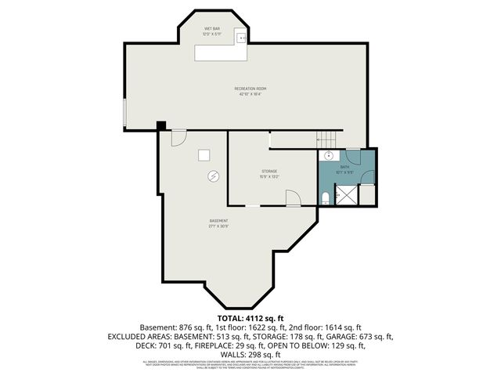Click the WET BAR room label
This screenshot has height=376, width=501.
(211, 28)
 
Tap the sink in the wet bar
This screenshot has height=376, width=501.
(243, 37)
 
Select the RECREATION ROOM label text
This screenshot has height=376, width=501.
(250, 89)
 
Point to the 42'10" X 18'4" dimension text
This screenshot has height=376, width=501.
(250, 95)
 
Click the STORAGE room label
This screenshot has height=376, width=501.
(269, 171)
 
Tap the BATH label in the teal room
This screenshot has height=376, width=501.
(344, 166)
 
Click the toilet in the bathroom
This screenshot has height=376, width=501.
(325, 197)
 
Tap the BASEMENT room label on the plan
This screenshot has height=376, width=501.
(218, 221)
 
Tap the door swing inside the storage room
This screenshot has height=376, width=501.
(293, 200)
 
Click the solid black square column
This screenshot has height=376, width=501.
(161, 125)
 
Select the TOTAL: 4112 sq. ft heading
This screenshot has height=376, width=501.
(250, 318)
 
